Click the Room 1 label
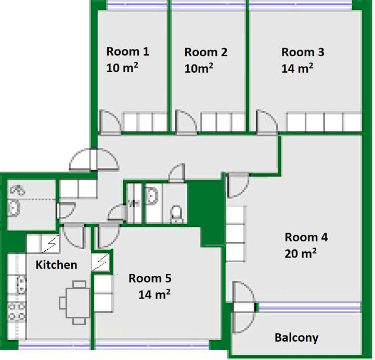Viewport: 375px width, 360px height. coord(128,52)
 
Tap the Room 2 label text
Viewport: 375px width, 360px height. coord(205,53)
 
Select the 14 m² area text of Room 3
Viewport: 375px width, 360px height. coord(297,68)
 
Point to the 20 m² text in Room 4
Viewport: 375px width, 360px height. coord(301,253)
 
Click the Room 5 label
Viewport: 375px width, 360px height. coord(150,278)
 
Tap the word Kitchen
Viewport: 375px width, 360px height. coord(57,265)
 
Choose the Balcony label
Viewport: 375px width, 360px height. coord(296,338)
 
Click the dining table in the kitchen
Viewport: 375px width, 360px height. coord(78,303)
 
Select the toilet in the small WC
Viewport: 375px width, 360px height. coord(177,213)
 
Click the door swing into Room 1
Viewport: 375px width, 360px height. coord(110,121)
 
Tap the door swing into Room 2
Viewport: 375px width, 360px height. coord(186,121)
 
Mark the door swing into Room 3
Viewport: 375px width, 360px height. coord(267,121)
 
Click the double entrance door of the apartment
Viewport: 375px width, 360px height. coord(94,159)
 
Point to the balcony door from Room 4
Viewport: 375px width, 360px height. coord(244,307)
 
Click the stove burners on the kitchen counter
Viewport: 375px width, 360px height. coord(17,312)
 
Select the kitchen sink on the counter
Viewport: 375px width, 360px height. coord(21,285)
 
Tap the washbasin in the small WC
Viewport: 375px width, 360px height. coord(152,196)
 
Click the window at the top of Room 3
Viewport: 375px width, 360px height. coord(301,5)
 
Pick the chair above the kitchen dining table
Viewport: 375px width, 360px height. coord(79,284)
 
